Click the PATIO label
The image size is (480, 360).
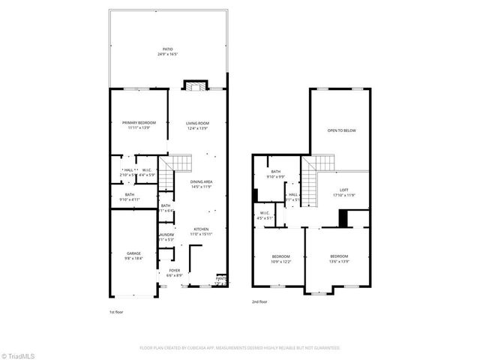(169, 49)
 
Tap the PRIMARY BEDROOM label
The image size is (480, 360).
(139, 123)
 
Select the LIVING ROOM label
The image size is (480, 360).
(198, 123)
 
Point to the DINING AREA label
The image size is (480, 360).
(201, 181)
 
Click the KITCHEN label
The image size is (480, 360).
(201, 229)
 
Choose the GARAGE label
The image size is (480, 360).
(133, 253)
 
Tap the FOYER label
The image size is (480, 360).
(174, 270)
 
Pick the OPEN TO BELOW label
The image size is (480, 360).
(341, 130)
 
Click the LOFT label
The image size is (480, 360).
(344, 190)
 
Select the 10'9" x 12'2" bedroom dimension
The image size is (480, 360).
(281, 262)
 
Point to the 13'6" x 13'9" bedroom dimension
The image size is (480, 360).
(339, 262)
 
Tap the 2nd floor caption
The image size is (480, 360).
(260, 302)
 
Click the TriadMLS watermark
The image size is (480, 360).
(18, 355)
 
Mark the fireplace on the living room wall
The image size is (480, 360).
(196, 85)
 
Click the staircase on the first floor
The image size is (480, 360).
(180, 163)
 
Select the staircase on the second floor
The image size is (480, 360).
(319, 163)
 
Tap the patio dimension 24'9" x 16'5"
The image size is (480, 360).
(169, 55)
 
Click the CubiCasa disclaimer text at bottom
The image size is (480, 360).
(240, 348)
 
